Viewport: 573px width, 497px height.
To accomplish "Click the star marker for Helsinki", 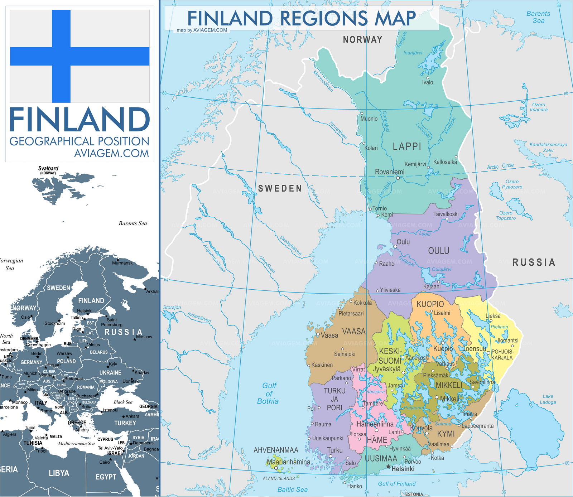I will click(388, 467).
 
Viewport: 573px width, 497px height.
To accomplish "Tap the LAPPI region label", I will click(407, 146).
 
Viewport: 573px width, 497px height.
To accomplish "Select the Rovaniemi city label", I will click(389, 172).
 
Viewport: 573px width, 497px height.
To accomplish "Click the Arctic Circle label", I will click(500, 166).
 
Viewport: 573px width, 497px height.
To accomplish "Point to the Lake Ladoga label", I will click(548, 399).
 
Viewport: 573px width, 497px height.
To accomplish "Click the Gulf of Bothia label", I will click(268, 393).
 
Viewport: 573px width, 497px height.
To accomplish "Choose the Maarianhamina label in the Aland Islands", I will click(288, 462).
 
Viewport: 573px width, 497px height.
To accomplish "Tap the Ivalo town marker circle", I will click(428, 78).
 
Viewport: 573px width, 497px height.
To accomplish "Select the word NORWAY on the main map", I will click(362, 40).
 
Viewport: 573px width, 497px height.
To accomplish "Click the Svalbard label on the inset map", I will click(48, 168).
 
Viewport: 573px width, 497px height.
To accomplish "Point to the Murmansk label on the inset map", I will click(122, 263).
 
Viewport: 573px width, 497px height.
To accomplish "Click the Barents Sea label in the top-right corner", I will click(538, 17).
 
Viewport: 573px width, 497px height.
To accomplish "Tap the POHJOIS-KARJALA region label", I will click(502, 354).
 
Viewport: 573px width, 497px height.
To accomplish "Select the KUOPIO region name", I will click(430, 304).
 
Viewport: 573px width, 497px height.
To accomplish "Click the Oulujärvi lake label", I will click(441, 269).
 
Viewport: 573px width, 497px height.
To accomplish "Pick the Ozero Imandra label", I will click(539, 107).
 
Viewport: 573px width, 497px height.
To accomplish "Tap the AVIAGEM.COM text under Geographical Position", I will click(111, 153).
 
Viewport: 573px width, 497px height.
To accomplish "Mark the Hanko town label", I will click(354, 486).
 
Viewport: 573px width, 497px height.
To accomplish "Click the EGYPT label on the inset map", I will click(106, 477).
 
